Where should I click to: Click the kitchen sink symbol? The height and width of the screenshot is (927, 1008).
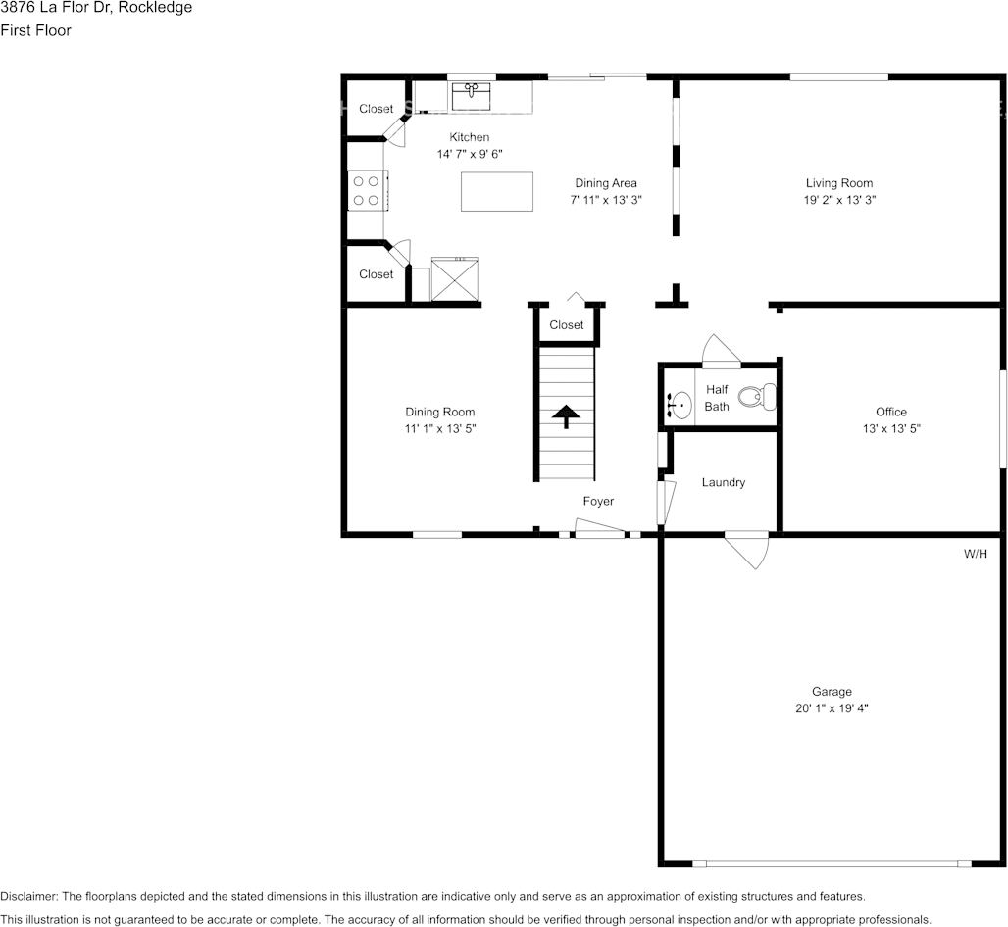[472, 96]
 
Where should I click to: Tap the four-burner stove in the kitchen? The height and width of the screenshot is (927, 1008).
[368, 190]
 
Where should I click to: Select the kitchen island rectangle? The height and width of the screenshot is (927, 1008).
[497, 191]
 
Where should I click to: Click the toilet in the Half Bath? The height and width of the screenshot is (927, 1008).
[755, 397]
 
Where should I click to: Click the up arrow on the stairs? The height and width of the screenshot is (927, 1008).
[565, 416]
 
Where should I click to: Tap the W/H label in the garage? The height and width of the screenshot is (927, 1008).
[975, 554]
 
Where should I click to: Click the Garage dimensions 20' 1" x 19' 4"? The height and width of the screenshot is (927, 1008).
[831, 707]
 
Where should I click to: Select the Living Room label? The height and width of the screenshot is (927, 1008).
[838, 183]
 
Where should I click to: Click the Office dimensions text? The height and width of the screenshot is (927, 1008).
[890, 428]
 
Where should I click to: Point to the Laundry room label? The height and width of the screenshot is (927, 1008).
[724, 482]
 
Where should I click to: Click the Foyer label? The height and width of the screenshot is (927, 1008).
[598, 501]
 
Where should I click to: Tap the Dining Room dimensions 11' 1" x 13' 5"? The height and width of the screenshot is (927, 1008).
[440, 428]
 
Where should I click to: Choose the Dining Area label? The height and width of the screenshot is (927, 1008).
[605, 183]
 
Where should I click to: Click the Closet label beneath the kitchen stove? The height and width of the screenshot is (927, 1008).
[376, 274]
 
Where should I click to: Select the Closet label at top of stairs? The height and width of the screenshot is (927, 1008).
[566, 325]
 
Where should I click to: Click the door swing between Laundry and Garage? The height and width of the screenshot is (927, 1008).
[750, 550]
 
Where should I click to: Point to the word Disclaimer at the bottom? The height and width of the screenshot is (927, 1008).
[29, 897]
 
